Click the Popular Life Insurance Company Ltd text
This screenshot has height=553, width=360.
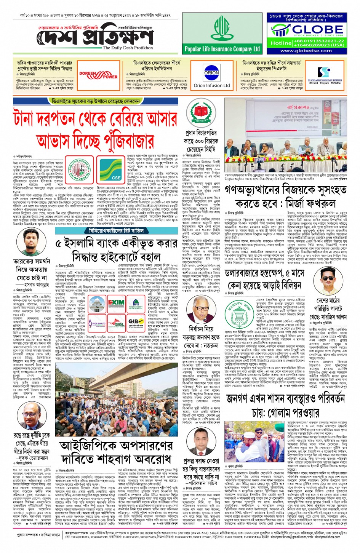pyautogui.click(x=222, y=49)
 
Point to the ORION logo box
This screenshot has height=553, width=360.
pyautogui.click(x=211, y=73)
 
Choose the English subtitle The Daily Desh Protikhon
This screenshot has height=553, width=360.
pyautogui.click(x=128, y=48)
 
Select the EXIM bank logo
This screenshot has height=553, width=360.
pyautogui.click(x=116, y=303)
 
